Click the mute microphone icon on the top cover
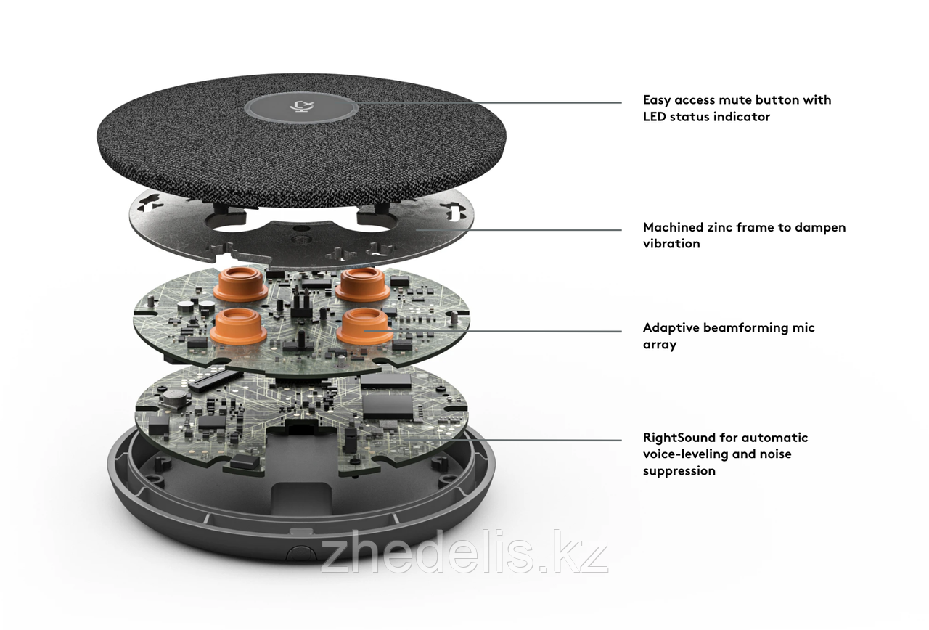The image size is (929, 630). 301,107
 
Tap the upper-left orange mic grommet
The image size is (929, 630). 240,285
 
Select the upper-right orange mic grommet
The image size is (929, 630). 362,285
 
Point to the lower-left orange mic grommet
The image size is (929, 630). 237,327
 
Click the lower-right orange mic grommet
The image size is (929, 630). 364,327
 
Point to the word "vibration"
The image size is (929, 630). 671,243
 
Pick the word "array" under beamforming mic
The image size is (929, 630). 660,345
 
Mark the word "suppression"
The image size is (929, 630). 679,471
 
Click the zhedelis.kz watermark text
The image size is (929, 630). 464,552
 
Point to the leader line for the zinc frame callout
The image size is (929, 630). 518,229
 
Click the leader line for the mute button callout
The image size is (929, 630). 489,102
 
